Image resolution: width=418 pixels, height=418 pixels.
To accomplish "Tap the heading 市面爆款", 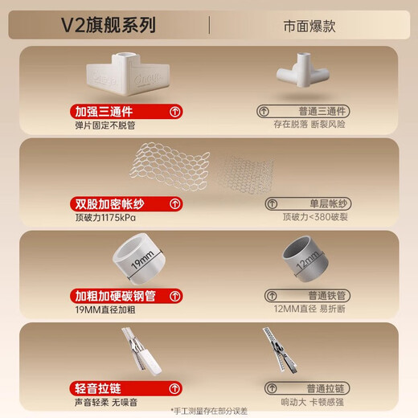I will (309, 26).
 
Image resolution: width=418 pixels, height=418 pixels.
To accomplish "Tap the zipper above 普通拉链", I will (277, 352).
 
